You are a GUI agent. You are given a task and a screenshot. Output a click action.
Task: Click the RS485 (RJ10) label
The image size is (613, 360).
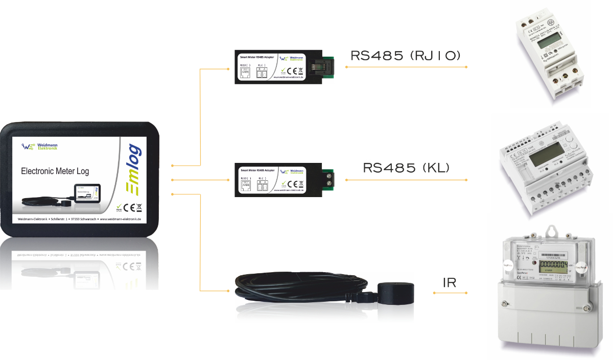point(406,56)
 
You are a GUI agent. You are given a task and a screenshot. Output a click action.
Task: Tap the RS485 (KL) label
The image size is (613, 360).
point(406,167)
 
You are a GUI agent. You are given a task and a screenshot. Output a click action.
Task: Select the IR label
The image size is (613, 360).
point(450,282)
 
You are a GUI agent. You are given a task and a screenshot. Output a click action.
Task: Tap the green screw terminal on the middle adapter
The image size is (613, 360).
point(332,179)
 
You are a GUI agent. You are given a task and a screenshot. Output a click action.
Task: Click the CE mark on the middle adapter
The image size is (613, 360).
point(292,184)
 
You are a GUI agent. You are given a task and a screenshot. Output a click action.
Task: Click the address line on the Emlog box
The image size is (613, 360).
point(79,220)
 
